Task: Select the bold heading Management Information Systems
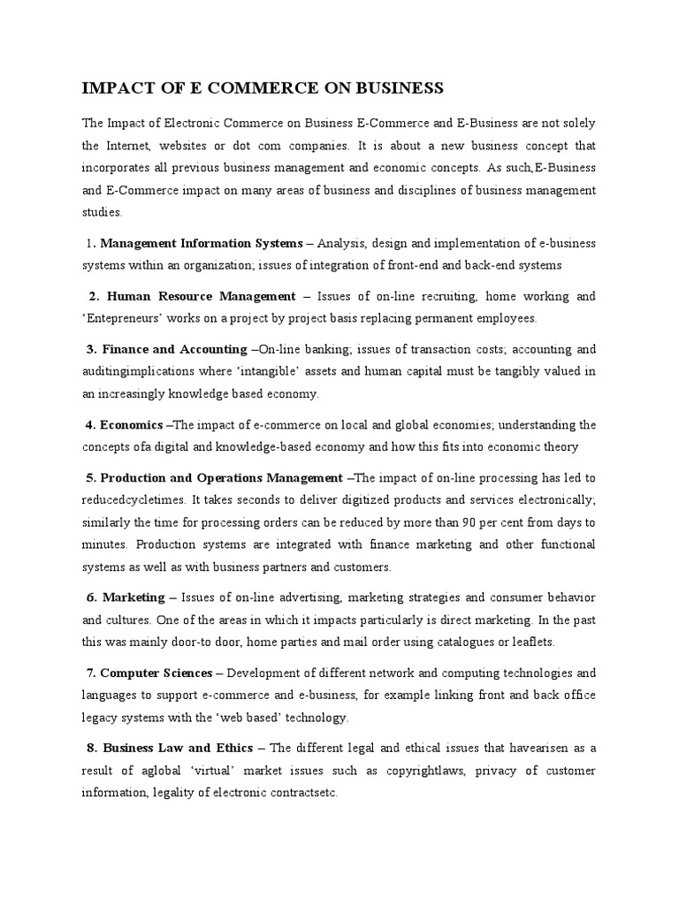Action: coord(201,243)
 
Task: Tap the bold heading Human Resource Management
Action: coord(201,296)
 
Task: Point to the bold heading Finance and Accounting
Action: coord(173,349)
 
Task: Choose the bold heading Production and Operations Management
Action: coord(221,478)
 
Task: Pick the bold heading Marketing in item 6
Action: coord(133,597)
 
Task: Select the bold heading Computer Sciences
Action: coord(156,673)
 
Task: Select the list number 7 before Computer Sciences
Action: coord(92,673)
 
